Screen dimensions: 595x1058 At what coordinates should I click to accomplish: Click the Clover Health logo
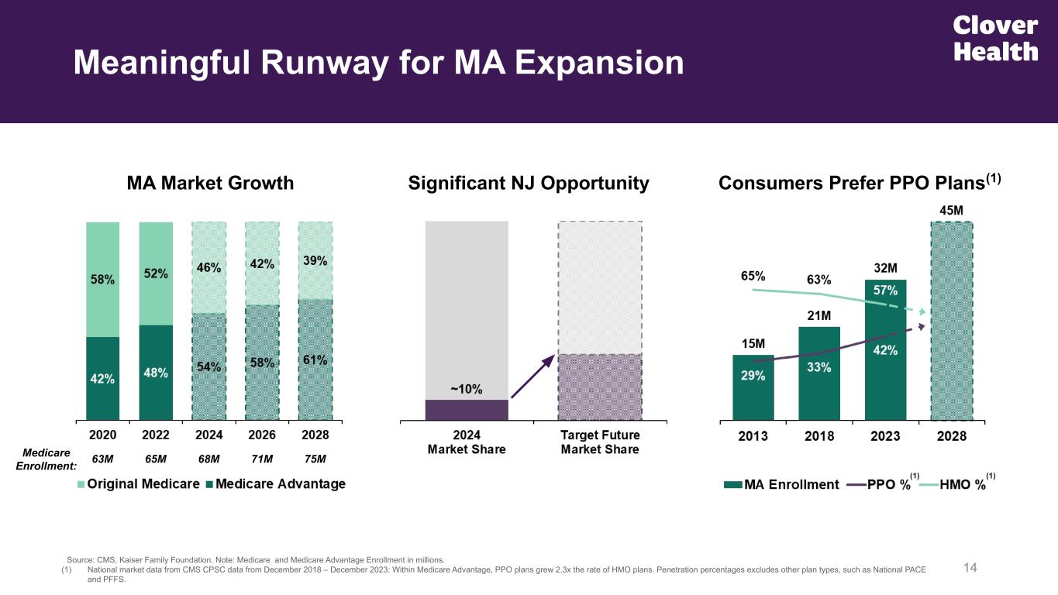pyautogui.click(x=995, y=39)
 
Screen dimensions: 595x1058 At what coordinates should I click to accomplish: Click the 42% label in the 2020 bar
pyautogui.click(x=102, y=379)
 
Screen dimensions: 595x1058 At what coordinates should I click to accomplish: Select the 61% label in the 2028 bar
pyautogui.click(x=315, y=360)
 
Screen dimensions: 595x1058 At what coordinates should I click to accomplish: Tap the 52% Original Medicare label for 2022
pyautogui.click(x=156, y=273)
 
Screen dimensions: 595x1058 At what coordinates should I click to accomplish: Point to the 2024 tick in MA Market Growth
pyautogui.click(x=209, y=435)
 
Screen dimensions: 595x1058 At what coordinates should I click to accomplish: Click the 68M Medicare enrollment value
pyautogui.click(x=209, y=459)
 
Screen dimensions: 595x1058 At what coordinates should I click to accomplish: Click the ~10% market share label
pyautogui.click(x=466, y=389)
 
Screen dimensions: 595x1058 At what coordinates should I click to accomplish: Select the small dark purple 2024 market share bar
pyautogui.click(x=466, y=410)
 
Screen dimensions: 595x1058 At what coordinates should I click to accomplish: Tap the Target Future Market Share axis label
pyautogui.click(x=600, y=442)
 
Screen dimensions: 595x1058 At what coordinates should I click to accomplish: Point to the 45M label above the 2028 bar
pyautogui.click(x=951, y=210)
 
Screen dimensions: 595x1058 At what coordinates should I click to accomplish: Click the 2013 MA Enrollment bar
pyautogui.click(x=753, y=387)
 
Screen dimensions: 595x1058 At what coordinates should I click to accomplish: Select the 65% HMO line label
pyautogui.click(x=753, y=275)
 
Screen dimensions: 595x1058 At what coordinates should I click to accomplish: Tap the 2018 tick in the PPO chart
pyautogui.click(x=819, y=435)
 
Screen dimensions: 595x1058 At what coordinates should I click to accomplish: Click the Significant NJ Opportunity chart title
pyautogui.click(x=529, y=183)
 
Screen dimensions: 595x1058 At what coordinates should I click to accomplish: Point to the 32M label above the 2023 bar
pyautogui.click(x=886, y=268)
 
